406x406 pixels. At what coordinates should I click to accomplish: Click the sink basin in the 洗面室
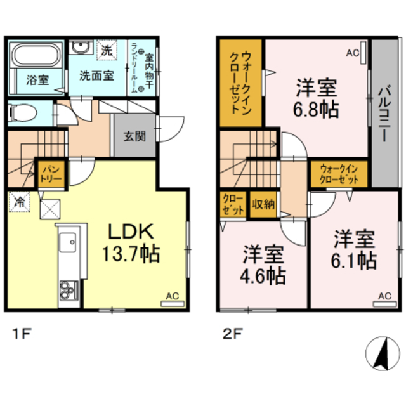(x=80, y=49)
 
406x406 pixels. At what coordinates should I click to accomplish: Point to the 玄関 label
(x=134, y=135)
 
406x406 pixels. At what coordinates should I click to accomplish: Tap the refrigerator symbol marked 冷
(x=18, y=202)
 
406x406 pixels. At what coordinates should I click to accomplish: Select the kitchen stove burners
(x=67, y=291)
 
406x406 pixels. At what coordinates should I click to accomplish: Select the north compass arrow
(x=383, y=352)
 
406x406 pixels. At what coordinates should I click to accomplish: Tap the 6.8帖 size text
(x=316, y=108)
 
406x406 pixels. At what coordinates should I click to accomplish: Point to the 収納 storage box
(x=263, y=204)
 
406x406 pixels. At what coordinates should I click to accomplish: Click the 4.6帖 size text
(x=263, y=276)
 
